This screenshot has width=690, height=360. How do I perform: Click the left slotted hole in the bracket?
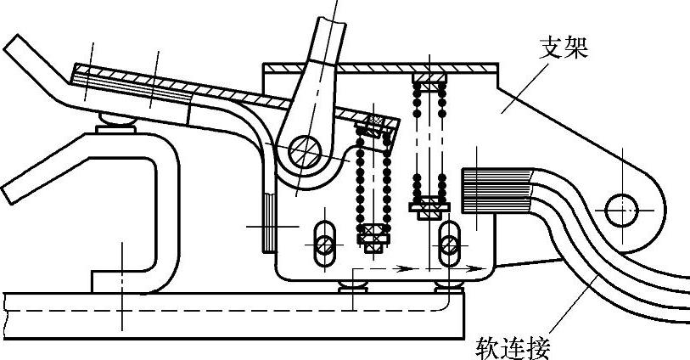(323, 245)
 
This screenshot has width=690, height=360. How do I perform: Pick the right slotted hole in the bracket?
(449, 243)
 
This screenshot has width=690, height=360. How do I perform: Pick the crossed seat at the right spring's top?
(429, 82)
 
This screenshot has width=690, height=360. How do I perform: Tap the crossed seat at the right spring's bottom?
(429, 205)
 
